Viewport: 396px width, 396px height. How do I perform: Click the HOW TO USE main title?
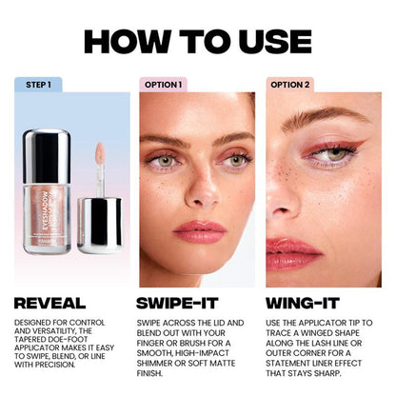[x=197, y=41]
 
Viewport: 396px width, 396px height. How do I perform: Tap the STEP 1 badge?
[x=38, y=85]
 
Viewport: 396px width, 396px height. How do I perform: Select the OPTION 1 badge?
[x=163, y=85]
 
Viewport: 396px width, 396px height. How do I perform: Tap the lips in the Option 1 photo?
[x=198, y=231]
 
